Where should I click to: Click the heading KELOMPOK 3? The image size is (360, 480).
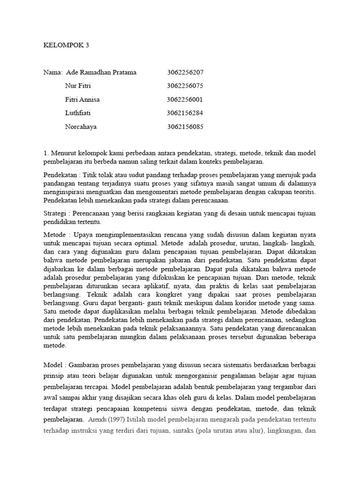point(66,45)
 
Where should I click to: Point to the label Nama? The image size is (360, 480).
point(53,73)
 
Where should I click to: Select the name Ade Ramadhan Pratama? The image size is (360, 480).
point(101,73)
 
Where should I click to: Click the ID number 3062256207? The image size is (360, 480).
point(185,73)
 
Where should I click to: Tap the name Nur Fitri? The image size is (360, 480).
point(78,86)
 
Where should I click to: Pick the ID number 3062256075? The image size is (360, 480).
point(185,86)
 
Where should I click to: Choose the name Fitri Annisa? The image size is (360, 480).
point(82,100)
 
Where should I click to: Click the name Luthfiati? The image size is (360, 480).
point(78,113)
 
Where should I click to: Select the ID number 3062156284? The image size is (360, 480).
point(185,113)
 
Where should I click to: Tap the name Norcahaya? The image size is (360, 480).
point(81,127)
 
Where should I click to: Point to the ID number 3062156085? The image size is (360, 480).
point(186,127)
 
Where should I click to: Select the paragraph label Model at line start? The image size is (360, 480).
point(53,365)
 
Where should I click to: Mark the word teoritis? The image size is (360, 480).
point(302,192)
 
